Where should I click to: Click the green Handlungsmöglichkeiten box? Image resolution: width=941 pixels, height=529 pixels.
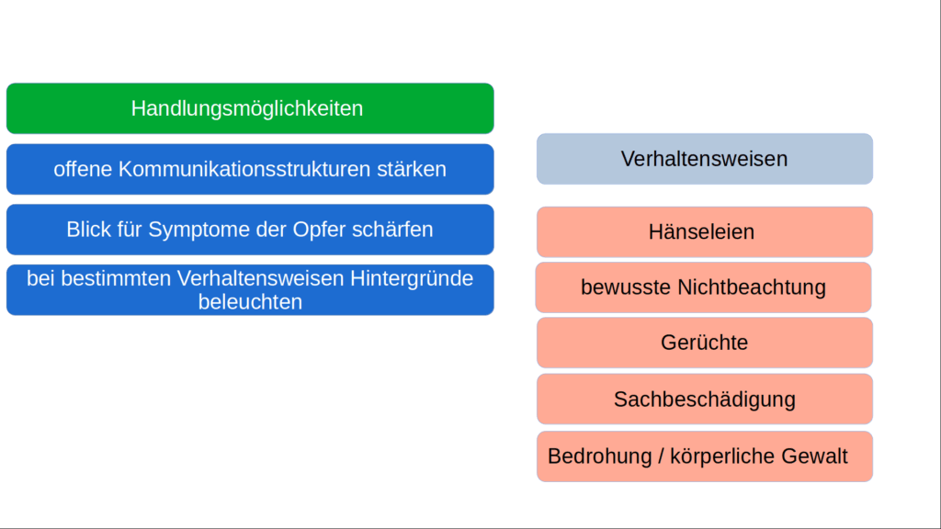click(249, 108)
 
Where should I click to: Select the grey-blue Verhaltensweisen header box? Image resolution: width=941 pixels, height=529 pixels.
click(704, 159)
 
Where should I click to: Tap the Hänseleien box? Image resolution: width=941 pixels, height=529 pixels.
click(704, 231)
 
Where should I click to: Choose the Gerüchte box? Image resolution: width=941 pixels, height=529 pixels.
click(704, 343)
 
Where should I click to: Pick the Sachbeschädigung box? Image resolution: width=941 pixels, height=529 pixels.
click(704, 400)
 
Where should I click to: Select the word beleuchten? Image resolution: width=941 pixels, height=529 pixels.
click(250, 301)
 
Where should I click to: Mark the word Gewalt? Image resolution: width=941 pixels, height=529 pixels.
click(813, 456)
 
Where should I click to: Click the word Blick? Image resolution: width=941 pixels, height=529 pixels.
click(87, 230)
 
